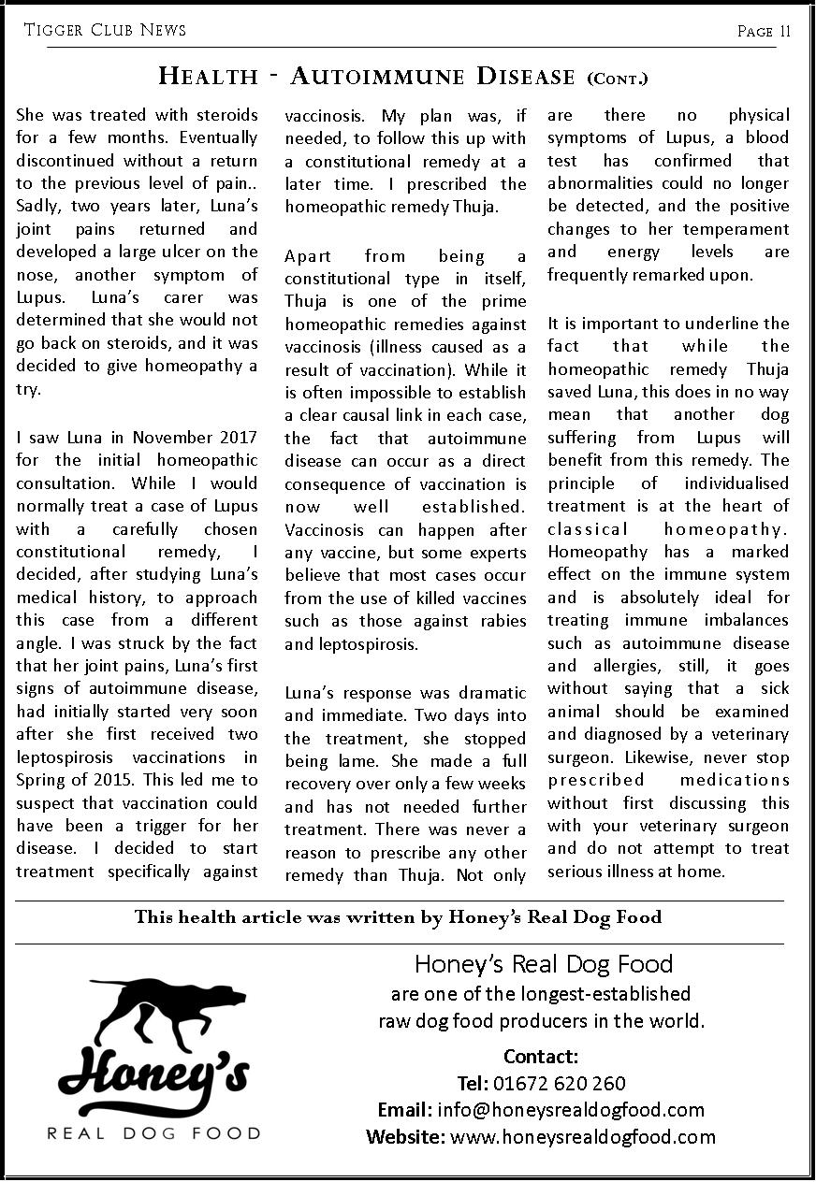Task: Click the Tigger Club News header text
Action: point(105,30)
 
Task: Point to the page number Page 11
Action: point(764,31)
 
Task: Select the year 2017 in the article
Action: point(239,438)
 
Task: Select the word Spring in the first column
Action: point(41,780)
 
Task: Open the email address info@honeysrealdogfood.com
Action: point(570,1110)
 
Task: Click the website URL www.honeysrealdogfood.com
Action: point(582,1137)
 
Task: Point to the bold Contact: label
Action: point(541,1057)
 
